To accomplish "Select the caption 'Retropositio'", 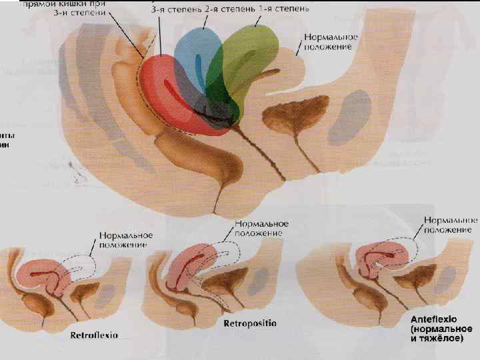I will click(x=251, y=324).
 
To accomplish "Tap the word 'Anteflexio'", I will click(x=437, y=319).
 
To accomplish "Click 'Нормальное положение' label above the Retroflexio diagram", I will click(x=127, y=240).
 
